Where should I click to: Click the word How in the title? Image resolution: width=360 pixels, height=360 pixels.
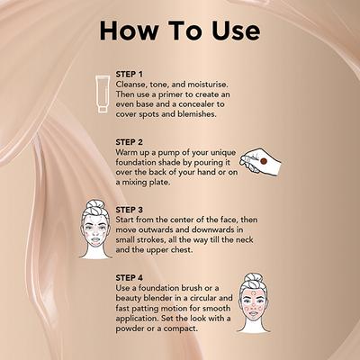pyautogui.click(x=135, y=29)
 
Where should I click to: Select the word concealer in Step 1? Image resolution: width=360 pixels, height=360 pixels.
pyautogui.click(x=201, y=105)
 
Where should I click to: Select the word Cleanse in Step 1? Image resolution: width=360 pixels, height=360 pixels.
pyautogui.click(x=135, y=84)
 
